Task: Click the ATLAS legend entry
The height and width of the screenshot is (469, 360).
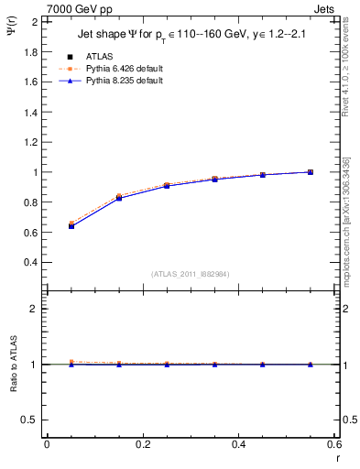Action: [x=99, y=56]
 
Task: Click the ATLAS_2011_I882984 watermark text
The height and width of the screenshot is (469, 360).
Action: [x=191, y=273]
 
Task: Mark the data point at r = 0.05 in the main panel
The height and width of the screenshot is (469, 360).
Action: [x=71, y=225]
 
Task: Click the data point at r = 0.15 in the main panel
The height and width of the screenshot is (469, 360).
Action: [x=119, y=198]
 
